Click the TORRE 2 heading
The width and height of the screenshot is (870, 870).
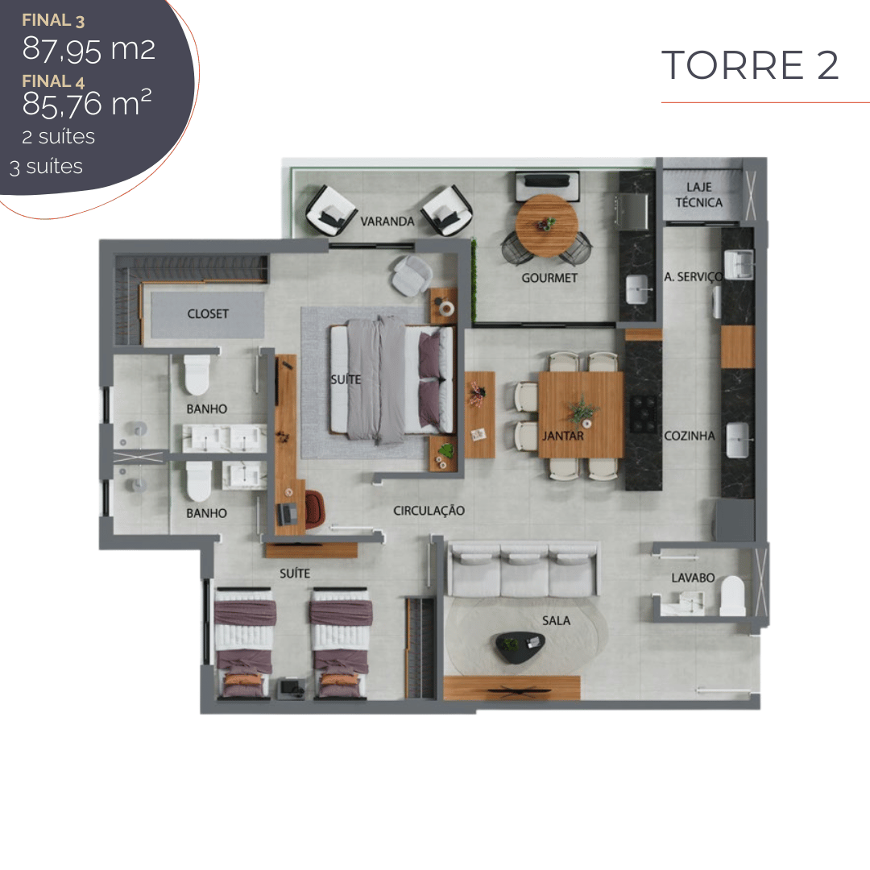tap(750, 65)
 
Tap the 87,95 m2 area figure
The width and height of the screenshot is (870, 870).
tap(89, 49)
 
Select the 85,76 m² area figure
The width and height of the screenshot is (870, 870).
tap(87, 103)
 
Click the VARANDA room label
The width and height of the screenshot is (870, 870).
tap(387, 222)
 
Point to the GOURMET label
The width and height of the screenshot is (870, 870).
tap(549, 278)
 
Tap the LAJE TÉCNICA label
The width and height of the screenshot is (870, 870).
tap(699, 195)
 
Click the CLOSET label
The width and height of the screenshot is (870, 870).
tap(208, 314)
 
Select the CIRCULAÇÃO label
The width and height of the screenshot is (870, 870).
tap(429, 511)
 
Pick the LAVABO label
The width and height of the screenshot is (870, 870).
tap(693, 578)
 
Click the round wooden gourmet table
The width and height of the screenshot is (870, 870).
tap(546, 226)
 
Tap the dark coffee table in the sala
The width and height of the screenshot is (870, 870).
tap(520, 647)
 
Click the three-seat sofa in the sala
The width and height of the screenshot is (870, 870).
tap(524, 570)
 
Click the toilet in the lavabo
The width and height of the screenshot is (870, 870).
tap(732, 595)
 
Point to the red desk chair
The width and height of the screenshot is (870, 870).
tap(314, 509)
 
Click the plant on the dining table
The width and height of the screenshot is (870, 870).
tap(582, 409)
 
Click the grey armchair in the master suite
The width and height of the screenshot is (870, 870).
tap(412, 275)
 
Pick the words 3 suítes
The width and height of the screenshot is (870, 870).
tap(46, 167)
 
